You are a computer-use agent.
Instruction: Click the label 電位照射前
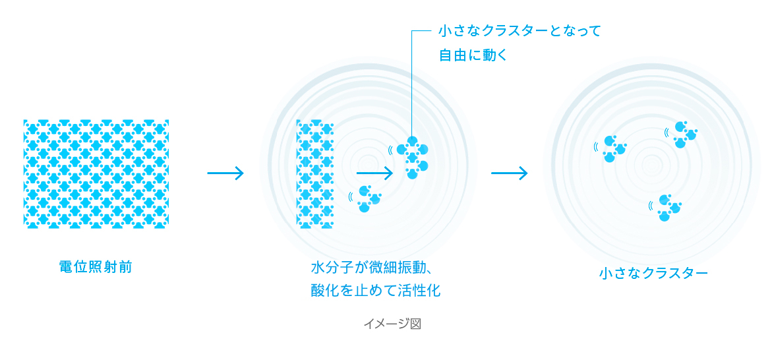coord(96,268)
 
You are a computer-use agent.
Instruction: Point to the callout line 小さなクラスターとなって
coord(520,31)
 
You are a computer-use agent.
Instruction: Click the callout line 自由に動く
coord(473,54)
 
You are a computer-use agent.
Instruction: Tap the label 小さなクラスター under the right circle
coord(653,274)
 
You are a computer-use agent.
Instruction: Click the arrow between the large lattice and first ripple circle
coord(225,173)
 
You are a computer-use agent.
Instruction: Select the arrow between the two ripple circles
coord(510,173)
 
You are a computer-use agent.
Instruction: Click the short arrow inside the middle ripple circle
coord(374,173)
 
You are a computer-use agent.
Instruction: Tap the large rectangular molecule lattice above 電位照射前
coord(96,173)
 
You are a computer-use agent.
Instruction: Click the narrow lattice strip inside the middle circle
coord(315,173)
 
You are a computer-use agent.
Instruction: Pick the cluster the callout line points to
coord(412,157)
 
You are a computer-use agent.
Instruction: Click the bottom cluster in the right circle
coord(669,208)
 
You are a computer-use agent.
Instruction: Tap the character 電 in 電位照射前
coord(66,268)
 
